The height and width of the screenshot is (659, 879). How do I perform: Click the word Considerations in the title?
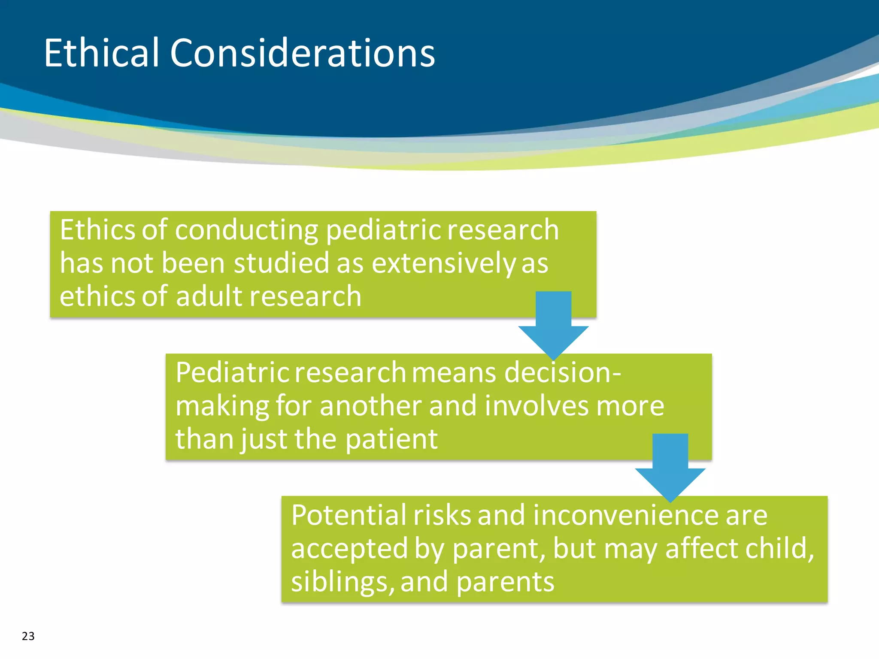pyautogui.click(x=302, y=53)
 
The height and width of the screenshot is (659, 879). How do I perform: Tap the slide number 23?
pyautogui.click(x=28, y=636)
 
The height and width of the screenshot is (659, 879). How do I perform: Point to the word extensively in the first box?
pyautogui.click(x=443, y=263)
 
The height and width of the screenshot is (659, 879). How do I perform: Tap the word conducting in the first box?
pyautogui.click(x=246, y=230)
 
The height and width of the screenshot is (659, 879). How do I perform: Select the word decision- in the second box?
pyautogui.click(x=562, y=372)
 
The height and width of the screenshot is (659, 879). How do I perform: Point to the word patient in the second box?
pyautogui.click(x=391, y=439)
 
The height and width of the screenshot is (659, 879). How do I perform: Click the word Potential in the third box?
pyautogui.click(x=349, y=515)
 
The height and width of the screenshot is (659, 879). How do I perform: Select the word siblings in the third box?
pyautogui.click(x=342, y=582)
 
